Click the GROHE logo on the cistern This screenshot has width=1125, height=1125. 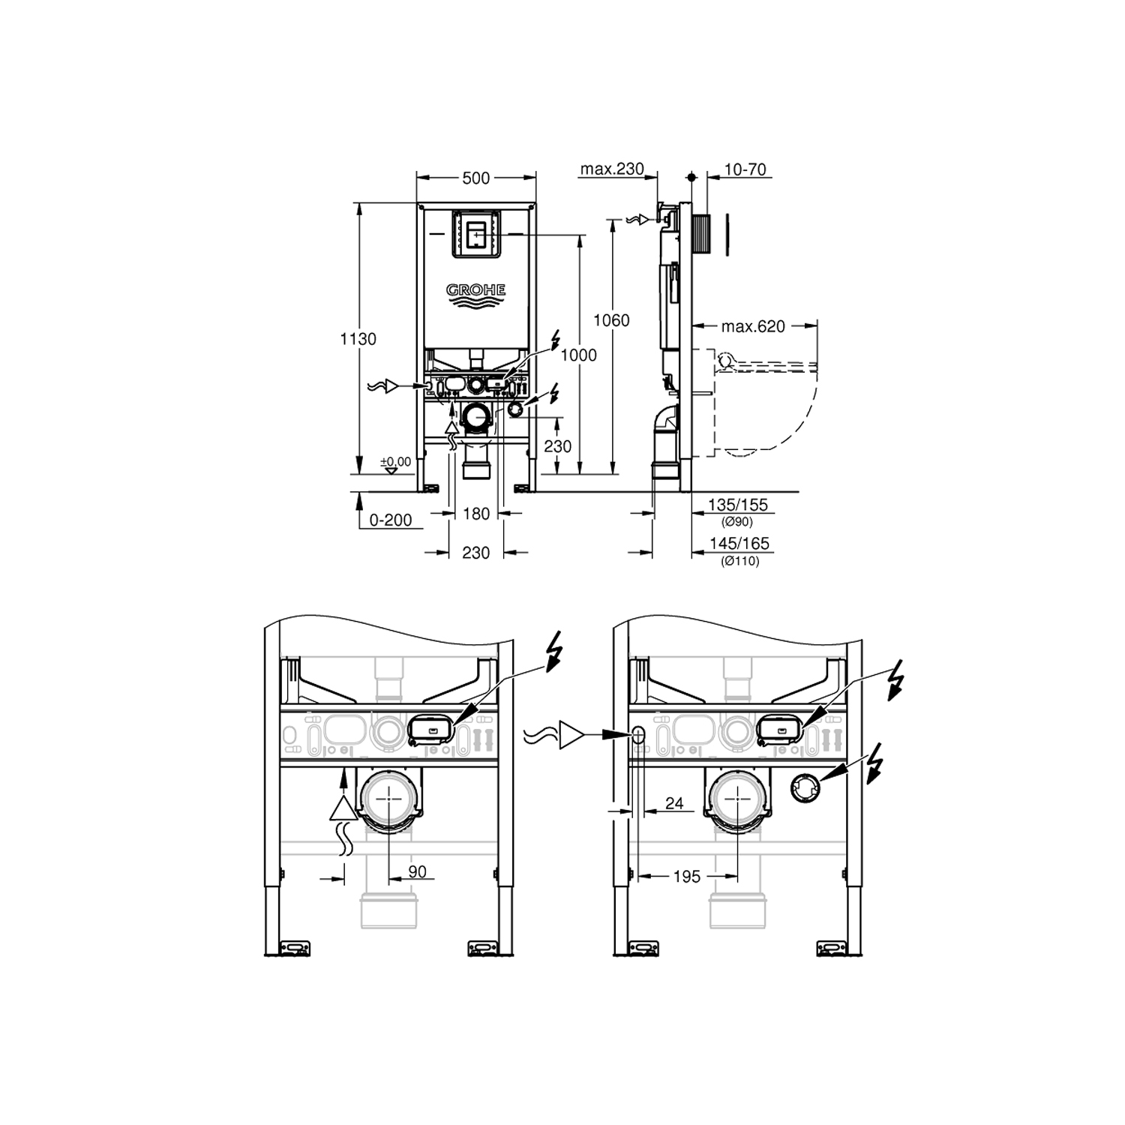pyautogui.click(x=476, y=295)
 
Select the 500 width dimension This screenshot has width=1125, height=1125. pyautogui.click(x=476, y=178)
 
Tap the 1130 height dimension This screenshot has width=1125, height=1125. pyautogui.click(x=358, y=339)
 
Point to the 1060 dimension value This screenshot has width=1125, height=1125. pyautogui.click(x=611, y=320)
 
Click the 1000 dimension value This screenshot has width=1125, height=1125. pyautogui.click(x=579, y=355)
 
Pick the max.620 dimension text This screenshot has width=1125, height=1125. pyautogui.click(x=753, y=326)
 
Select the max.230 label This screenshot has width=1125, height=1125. pyautogui.click(x=612, y=169)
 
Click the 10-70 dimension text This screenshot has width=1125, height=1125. pyautogui.click(x=745, y=169)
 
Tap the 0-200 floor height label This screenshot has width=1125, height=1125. pyautogui.click(x=391, y=520)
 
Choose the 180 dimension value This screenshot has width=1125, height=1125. pyautogui.click(x=476, y=514)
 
